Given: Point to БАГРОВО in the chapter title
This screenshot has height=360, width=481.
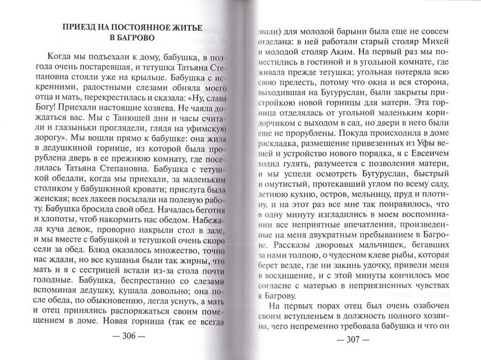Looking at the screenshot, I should tap(133, 39).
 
